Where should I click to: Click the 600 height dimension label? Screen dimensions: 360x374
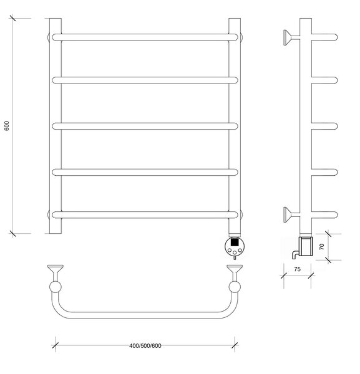point(7,126)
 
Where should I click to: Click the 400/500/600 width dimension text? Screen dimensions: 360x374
point(145,345)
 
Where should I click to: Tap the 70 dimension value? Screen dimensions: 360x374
point(322,246)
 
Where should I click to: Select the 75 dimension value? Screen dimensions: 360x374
point(297,269)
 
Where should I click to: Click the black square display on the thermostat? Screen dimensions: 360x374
point(235,242)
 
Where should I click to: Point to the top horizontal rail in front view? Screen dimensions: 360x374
point(145,37)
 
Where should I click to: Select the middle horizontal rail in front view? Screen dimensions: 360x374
point(145,126)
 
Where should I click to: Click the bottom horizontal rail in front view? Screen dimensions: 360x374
point(145,214)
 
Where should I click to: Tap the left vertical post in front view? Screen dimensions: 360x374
point(56,126)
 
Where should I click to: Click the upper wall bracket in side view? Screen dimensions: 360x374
point(291,37)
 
